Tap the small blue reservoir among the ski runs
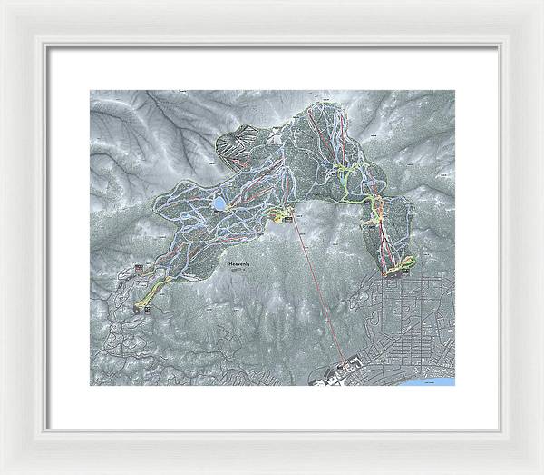tap(219, 203)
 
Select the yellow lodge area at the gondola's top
tap(284, 216)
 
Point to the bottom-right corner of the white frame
tap(540, 471)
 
